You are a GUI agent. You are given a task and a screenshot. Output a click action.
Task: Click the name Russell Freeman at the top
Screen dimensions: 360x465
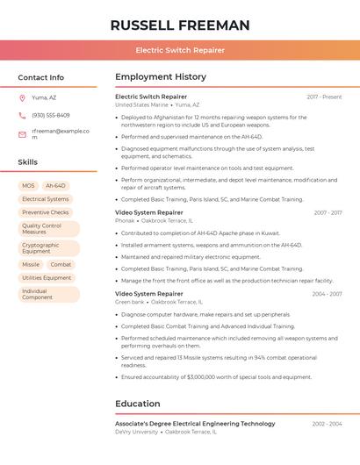pyautogui.click(x=180, y=25)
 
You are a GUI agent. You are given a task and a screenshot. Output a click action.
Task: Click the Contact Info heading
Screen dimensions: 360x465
pyautogui.click(x=40, y=77)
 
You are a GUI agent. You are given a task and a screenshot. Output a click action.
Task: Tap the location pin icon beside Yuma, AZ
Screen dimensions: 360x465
pyautogui.click(x=22, y=97)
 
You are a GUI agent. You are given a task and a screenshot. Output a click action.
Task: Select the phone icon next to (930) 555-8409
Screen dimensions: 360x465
pyautogui.click(x=22, y=115)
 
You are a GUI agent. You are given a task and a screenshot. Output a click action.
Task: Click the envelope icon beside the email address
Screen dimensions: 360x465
pyautogui.click(x=22, y=134)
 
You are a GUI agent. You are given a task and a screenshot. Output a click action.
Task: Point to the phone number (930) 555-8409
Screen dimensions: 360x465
pyautogui.click(x=51, y=115)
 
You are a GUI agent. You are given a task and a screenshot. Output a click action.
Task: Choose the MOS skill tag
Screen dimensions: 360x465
pyautogui.click(x=28, y=186)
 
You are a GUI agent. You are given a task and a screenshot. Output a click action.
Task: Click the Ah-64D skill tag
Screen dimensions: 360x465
pyautogui.click(x=55, y=186)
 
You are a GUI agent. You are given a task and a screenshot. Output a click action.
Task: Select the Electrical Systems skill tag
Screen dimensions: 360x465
pyautogui.click(x=45, y=199)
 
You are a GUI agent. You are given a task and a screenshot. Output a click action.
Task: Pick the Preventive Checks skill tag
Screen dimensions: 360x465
pyautogui.click(x=46, y=212)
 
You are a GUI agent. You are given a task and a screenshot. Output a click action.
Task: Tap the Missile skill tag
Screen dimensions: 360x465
pyautogui.click(x=31, y=264)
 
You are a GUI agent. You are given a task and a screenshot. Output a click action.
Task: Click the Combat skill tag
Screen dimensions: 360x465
pyautogui.click(x=61, y=264)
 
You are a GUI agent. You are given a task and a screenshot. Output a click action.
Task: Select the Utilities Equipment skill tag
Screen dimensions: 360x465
pyautogui.click(x=47, y=277)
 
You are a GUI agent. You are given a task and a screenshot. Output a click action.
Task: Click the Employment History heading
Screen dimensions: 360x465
pyautogui.click(x=161, y=77)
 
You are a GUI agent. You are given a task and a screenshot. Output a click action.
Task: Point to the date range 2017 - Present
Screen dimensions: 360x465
pyautogui.click(x=324, y=97)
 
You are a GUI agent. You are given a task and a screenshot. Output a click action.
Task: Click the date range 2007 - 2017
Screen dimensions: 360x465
pyautogui.click(x=328, y=212)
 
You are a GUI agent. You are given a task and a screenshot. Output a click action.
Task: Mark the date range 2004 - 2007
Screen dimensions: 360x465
pyautogui.click(x=327, y=294)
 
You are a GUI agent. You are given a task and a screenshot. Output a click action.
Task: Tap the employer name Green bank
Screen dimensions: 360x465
pyautogui.click(x=130, y=302)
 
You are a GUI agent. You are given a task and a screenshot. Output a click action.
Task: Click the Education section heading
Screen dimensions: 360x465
pyautogui.click(x=138, y=404)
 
